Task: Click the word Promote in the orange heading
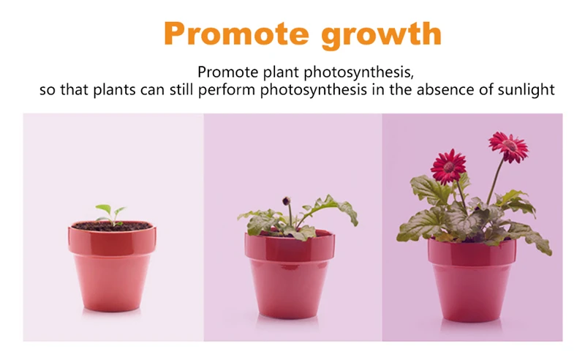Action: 236,34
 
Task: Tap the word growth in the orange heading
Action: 381,35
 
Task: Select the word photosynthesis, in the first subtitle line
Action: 359,72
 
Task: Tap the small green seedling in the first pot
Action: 111,214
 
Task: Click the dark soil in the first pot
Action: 112,226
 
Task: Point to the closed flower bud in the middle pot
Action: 286,201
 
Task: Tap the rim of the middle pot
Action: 290,247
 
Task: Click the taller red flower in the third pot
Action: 508,146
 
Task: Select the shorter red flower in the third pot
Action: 448,166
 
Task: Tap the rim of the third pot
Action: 472,253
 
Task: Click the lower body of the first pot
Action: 112,283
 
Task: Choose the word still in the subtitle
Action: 181,89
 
